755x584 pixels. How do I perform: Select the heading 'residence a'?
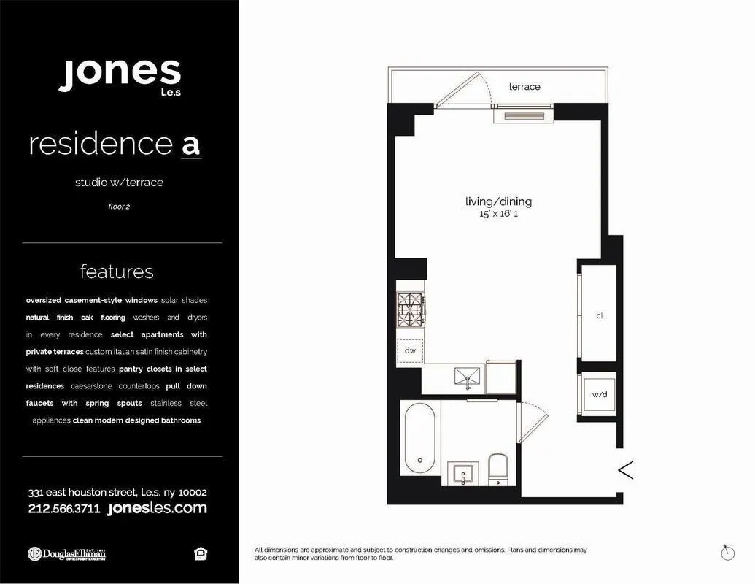[115, 144]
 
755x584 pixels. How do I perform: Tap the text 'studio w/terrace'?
[119, 182]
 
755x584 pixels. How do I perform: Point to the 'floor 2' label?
[119, 207]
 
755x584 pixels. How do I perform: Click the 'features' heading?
[117, 272]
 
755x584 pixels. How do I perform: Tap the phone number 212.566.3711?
[64, 509]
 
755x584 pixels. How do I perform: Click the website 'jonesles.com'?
[157, 508]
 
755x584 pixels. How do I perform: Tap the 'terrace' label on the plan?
[524, 87]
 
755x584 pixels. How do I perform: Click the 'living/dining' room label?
[499, 201]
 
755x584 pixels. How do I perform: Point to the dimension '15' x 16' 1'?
[499, 215]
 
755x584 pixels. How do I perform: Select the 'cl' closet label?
[600, 316]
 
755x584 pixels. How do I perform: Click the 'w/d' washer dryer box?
[600, 395]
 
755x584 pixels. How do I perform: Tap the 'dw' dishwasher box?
[410, 350]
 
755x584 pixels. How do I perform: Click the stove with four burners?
[410, 310]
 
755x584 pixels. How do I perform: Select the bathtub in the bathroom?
[419, 437]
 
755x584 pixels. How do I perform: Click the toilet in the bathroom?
[497, 468]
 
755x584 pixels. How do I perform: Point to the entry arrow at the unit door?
[625, 470]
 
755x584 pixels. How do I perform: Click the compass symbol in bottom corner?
[727, 553]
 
